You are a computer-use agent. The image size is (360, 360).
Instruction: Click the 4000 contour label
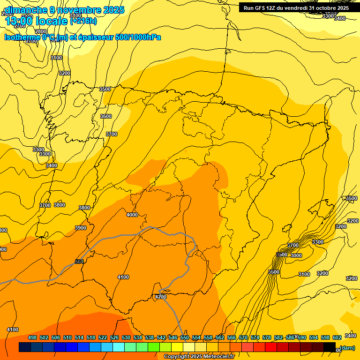[x=132, y=215]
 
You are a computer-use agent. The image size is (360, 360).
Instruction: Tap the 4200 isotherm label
[x=160, y=297]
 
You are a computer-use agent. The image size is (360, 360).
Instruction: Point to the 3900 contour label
[x=81, y=228]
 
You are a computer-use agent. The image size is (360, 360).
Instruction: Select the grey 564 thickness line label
[x=79, y=262]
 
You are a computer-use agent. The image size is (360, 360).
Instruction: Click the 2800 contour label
[x=41, y=32]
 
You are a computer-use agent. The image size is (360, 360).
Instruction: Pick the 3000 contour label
[x=296, y=255]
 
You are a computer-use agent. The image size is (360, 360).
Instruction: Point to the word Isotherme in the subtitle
[x=22, y=37]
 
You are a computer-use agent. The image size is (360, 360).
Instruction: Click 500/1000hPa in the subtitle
[x=138, y=37]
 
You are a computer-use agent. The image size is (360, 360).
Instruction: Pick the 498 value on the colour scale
[x=32, y=337]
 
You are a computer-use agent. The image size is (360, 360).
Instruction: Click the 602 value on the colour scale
[x=337, y=337]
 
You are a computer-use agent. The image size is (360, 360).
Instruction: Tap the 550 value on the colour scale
[x=185, y=337]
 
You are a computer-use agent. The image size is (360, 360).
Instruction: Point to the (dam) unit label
[x=347, y=348]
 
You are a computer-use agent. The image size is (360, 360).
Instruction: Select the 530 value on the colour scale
[x=126, y=337]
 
